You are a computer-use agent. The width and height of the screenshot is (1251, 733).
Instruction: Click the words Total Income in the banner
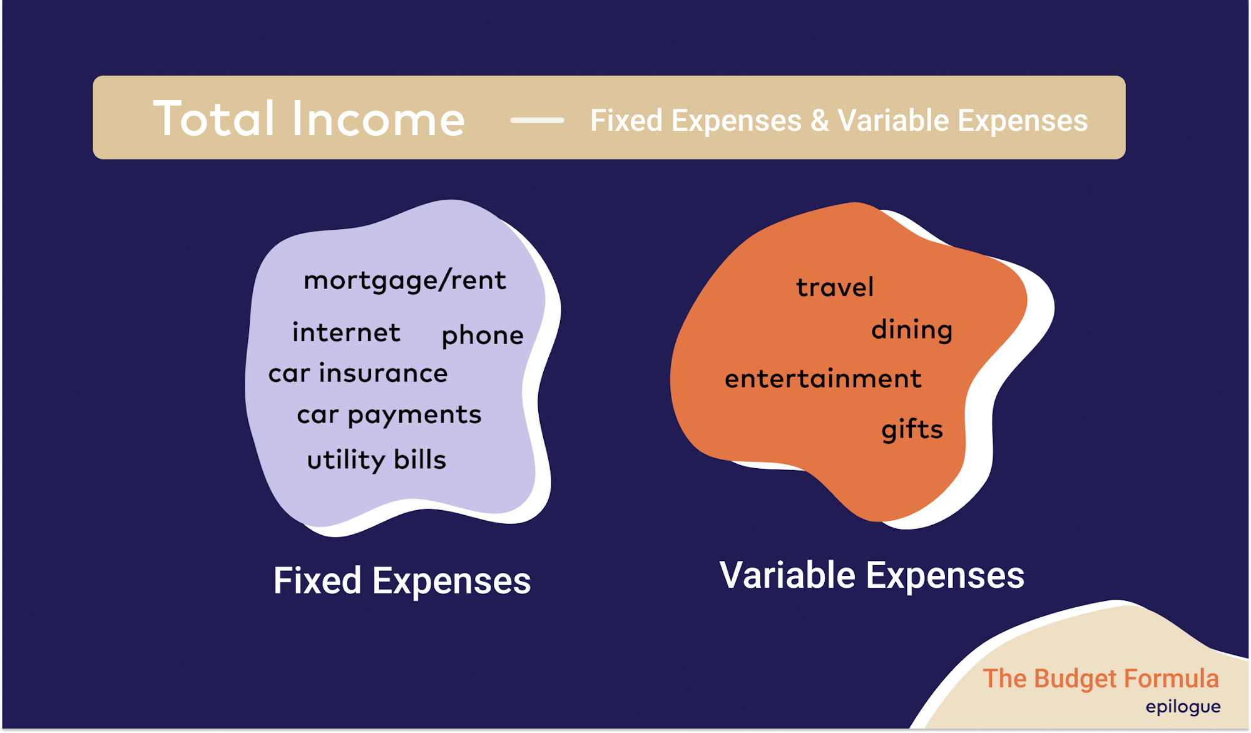pos(309,118)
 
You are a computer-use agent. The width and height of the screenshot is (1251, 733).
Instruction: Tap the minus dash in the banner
pos(537,120)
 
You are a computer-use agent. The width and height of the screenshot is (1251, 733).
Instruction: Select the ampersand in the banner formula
pos(819,121)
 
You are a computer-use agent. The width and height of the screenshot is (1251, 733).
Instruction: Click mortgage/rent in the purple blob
pos(404,280)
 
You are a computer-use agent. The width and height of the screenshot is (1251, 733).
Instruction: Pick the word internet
pos(346,332)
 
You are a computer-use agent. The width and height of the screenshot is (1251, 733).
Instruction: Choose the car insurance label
pos(358,373)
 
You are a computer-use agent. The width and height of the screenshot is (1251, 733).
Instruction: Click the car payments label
pos(389,415)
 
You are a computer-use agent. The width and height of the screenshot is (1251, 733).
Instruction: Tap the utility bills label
pos(376,460)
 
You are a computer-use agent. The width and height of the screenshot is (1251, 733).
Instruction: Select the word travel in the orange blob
pos(835,287)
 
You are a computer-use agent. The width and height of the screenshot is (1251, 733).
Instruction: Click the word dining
pos(912,330)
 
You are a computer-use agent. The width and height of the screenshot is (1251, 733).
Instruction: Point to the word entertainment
pos(823,379)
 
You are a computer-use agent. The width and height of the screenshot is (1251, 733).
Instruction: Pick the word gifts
pos(912,429)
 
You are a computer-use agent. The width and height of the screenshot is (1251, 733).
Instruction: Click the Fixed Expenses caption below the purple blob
pos(402,581)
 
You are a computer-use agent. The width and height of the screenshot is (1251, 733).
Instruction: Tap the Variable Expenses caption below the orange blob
pos(872,575)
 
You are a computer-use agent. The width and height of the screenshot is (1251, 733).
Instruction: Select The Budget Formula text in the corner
pos(1101,679)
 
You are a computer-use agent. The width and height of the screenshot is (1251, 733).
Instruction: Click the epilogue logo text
pos(1183,707)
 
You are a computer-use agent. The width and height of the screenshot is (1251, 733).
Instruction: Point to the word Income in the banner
pos(379,118)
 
